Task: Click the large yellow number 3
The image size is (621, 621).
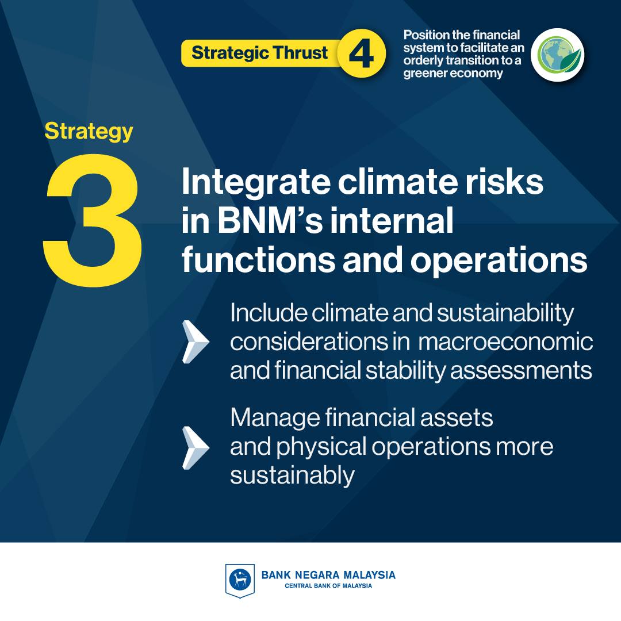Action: click(x=93, y=220)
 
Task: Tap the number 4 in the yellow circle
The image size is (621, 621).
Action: click(x=361, y=54)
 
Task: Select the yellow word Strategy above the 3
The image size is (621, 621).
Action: click(x=89, y=132)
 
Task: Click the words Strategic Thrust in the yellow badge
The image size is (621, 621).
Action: click(x=259, y=53)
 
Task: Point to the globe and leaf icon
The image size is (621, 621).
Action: click(x=558, y=55)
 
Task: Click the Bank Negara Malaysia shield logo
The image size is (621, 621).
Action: click(x=240, y=581)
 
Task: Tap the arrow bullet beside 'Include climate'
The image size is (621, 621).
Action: click(x=195, y=342)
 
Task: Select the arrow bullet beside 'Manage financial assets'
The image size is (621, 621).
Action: click(x=195, y=447)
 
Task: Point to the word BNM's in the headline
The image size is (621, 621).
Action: click(x=270, y=221)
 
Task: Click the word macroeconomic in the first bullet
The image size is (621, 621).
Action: click(x=505, y=342)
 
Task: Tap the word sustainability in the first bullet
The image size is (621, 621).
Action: click(x=505, y=314)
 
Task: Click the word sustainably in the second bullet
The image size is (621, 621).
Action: click(x=292, y=476)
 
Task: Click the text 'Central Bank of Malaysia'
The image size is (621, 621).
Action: click(x=328, y=586)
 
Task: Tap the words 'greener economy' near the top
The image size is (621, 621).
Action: click(x=453, y=73)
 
